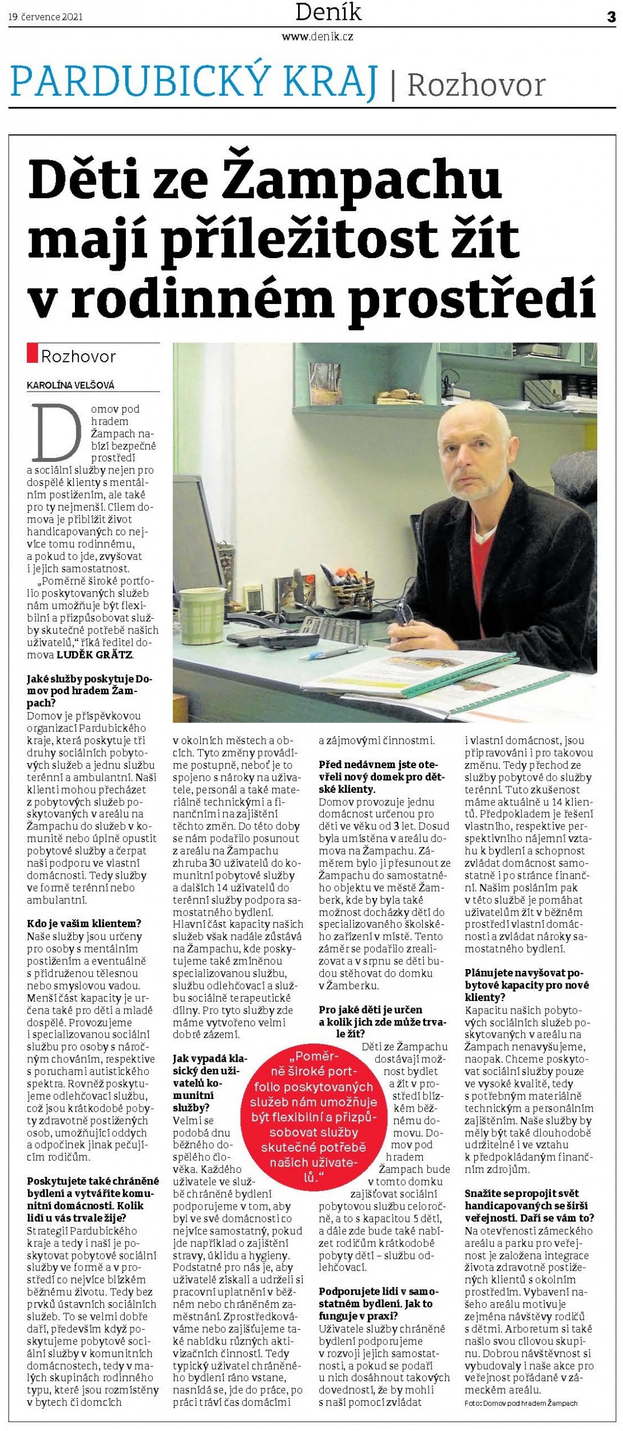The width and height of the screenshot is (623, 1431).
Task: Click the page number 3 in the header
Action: pyautogui.click(x=612, y=17)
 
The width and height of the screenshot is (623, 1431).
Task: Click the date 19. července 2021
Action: pyautogui.click(x=45, y=17)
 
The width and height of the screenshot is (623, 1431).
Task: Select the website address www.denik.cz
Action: pyautogui.click(x=317, y=37)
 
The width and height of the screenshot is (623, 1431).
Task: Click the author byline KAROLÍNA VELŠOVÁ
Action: pyautogui.click(x=70, y=385)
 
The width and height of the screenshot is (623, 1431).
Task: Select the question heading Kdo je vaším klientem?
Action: pyautogui.click(x=84, y=923)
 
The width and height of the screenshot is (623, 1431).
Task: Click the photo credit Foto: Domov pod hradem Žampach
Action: pyautogui.click(x=521, y=1404)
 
